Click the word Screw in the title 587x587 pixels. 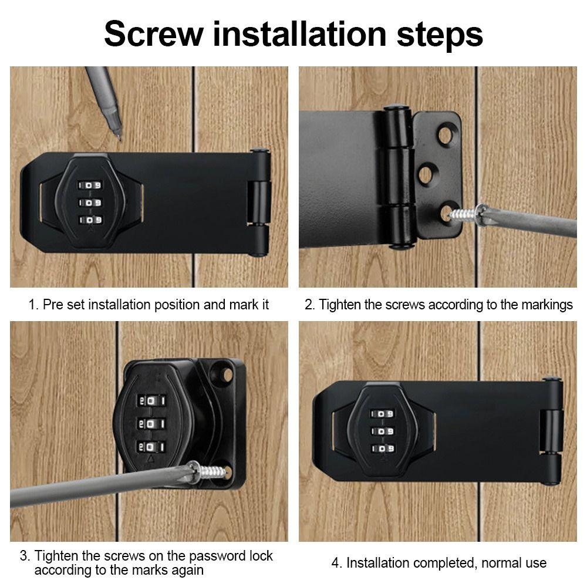point(154,35)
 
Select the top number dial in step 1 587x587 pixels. point(90,185)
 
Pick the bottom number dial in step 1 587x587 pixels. point(90,220)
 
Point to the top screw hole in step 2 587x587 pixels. point(445,134)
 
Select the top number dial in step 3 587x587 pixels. point(151,400)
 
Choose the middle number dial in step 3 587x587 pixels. point(151,423)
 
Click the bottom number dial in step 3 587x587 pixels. point(151,447)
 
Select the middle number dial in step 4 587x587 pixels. point(382,431)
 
